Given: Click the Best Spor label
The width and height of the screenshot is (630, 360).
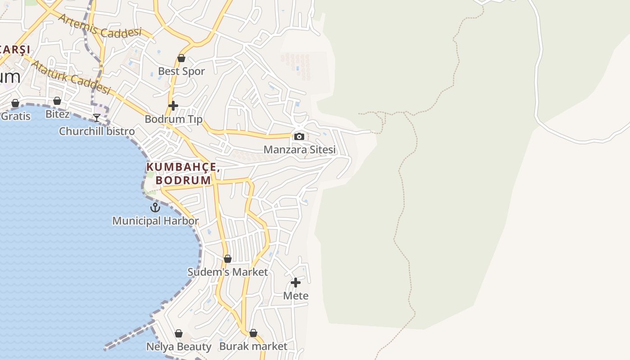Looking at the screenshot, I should pyautogui.click(x=181, y=71).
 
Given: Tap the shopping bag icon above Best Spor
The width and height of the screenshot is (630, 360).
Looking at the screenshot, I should pyautogui.click(x=181, y=58).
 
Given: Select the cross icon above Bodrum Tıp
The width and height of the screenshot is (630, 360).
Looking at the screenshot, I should pyautogui.click(x=173, y=106).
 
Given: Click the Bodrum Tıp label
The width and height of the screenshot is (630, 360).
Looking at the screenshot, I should pyautogui.click(x=174, y=119).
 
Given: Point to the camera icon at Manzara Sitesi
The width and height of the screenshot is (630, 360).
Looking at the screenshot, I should pyautogui.click(x=299, y=137).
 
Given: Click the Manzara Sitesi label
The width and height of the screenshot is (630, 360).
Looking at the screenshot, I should pyautogui.click(x=300, y=149).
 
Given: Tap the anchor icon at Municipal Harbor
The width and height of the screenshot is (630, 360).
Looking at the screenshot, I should pyautogui.click(x=155, y=207).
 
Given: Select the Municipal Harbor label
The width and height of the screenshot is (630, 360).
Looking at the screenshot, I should pyautogui.click(x=155, y=221).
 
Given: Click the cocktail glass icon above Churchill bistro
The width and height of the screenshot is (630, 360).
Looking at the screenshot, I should pyautogui.click(x=97, y=118).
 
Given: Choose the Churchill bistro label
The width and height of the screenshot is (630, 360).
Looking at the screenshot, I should pyautogui.click(x=97, y=131).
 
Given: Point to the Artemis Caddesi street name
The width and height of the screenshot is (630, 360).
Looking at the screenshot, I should pyautogui.click(x=100, y=26).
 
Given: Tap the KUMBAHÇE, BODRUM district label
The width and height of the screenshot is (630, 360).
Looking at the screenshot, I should pyautogui.click(x=183, y=174).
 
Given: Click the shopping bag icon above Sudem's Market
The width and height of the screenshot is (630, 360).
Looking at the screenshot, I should pyautogui.click(x=228, y=259).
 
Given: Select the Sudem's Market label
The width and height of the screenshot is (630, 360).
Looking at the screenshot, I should pyautogui.click(x=228, y=272).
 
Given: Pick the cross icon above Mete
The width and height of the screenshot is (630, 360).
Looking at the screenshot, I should pyautogui.click(x=296, y=283).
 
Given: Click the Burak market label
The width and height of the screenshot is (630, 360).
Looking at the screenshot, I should pyautogui.click(x=253, y=346).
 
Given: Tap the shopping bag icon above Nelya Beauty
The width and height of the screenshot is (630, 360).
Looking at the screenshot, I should pyautogui.click(x=179, y=334).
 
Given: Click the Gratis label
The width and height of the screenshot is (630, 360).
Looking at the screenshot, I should pyautogui.click(x=15, y=116).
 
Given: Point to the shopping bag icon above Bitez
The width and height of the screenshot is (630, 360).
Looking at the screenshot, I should pyautogui.click(x=57, y=101).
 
